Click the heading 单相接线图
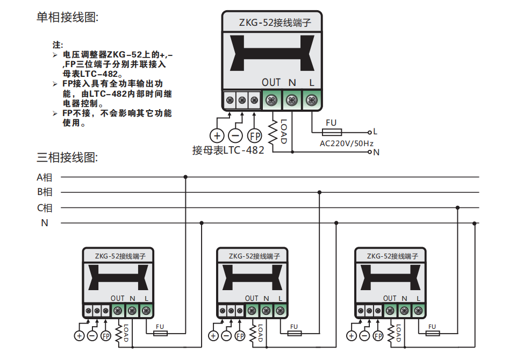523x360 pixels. coord(67,18)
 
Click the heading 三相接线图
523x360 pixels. coord(67,157)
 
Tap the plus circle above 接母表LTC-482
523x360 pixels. coord(217,135)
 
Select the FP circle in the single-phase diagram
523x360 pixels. coord(254,135)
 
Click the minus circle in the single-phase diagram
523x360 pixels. coord(235,135)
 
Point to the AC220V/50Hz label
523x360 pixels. coord(346,143)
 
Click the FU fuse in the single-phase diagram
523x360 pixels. coord(331,132)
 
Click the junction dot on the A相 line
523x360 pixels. coord(185,177)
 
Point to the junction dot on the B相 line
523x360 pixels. coord(320,192)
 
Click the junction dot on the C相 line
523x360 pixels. coord(458,207)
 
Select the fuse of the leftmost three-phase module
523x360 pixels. coord(160,333)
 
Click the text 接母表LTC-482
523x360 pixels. coord(228,150)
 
